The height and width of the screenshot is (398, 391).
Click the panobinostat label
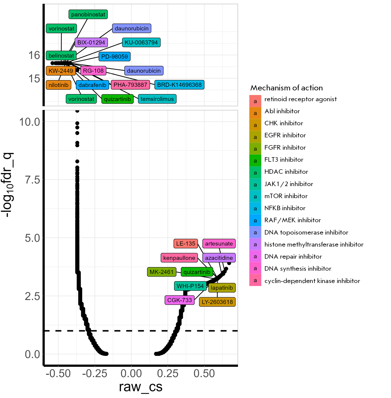point(88,15)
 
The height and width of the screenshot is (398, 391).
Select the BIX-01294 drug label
point(91,42)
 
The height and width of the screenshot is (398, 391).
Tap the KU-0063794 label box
point(141,42)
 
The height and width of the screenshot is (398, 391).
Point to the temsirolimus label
point(157,99)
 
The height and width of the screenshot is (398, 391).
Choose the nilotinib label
point(59,85)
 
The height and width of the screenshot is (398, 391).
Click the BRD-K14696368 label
point(179,85)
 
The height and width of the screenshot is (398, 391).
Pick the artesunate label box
point(219,244)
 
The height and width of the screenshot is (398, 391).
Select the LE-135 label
point(186,244)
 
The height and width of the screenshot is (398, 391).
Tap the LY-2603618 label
point(217,302)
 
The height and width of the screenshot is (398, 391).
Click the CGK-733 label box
point(180,300)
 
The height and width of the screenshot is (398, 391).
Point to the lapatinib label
point(222,288)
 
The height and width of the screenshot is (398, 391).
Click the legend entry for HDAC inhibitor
point(286,172)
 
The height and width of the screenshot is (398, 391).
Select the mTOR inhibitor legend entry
point(286,196)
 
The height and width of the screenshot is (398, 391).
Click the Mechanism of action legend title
point(287,88)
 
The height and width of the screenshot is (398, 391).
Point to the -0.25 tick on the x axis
point(95,373)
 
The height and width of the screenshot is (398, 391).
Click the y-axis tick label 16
point(34,55)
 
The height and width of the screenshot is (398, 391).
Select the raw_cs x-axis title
point(141,387)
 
